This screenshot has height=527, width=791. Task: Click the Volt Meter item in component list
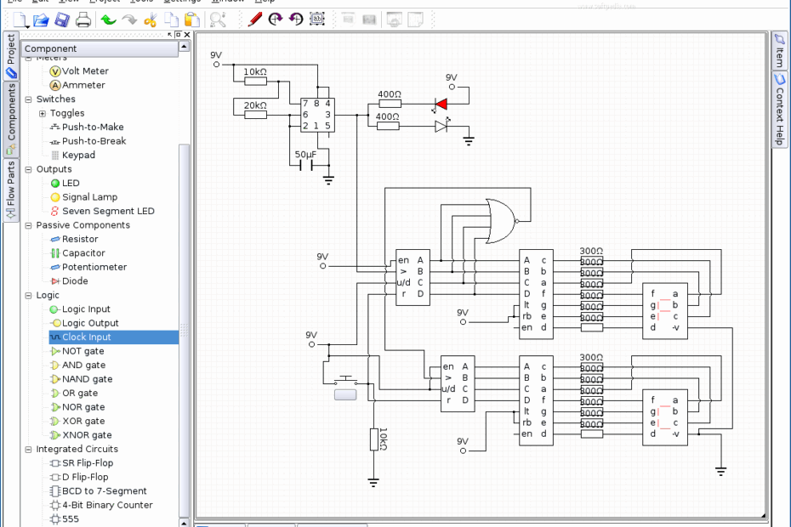(x=84, y=71)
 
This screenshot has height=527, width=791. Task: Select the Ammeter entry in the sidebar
(x=83, y=85)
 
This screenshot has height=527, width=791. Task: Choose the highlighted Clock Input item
(x=86, y=337)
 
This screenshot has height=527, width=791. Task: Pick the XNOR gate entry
(x=86, y=435)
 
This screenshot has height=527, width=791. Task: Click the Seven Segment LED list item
(x=107, y=211)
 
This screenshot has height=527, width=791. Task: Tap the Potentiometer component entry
(x=94, y=267)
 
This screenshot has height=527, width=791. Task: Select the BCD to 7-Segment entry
(x=104, y=491)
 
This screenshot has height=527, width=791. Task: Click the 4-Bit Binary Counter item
(x=107, y=505)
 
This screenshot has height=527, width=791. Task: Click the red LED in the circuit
(x=441, y=104)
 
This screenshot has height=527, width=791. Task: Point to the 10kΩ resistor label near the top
(x=256, y=71)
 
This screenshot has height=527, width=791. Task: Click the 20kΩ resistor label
(x=255, y=105)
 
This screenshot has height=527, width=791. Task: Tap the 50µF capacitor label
(x=306, y=155)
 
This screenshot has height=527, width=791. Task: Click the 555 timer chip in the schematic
(x=316, y=115)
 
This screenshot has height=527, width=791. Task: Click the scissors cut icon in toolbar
(x=151, y=19)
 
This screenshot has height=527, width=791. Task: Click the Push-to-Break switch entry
(x=93, y=141)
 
